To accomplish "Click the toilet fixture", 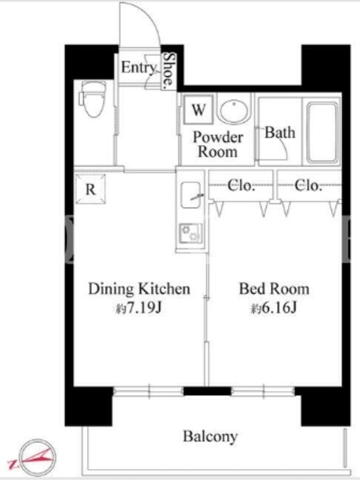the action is [x=92, y=99].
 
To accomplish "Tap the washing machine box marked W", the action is [x=199, y=109].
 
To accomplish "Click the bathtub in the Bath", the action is [x=322, y=132].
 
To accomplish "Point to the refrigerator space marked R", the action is [x=91, y=189].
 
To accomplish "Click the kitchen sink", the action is [x=191, y=196].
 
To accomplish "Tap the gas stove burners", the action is [x=191, y=233].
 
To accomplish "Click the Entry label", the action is [x=139, y=68].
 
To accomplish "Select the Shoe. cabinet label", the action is [x=169, y=71].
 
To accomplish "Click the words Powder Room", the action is [x=218, y=145].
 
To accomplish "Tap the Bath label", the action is [x=280, y=133].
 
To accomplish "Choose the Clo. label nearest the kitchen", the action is [x=241, y=185].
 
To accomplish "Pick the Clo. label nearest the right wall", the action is [x=308, y=185].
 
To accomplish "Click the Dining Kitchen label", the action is [x=139, y=289].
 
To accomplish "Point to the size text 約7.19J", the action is [x=139, y=308].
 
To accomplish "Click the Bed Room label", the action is [x=274, y=289].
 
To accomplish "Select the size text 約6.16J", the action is [x=274, y=308].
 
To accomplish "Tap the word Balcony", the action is [x=211, y=436].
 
